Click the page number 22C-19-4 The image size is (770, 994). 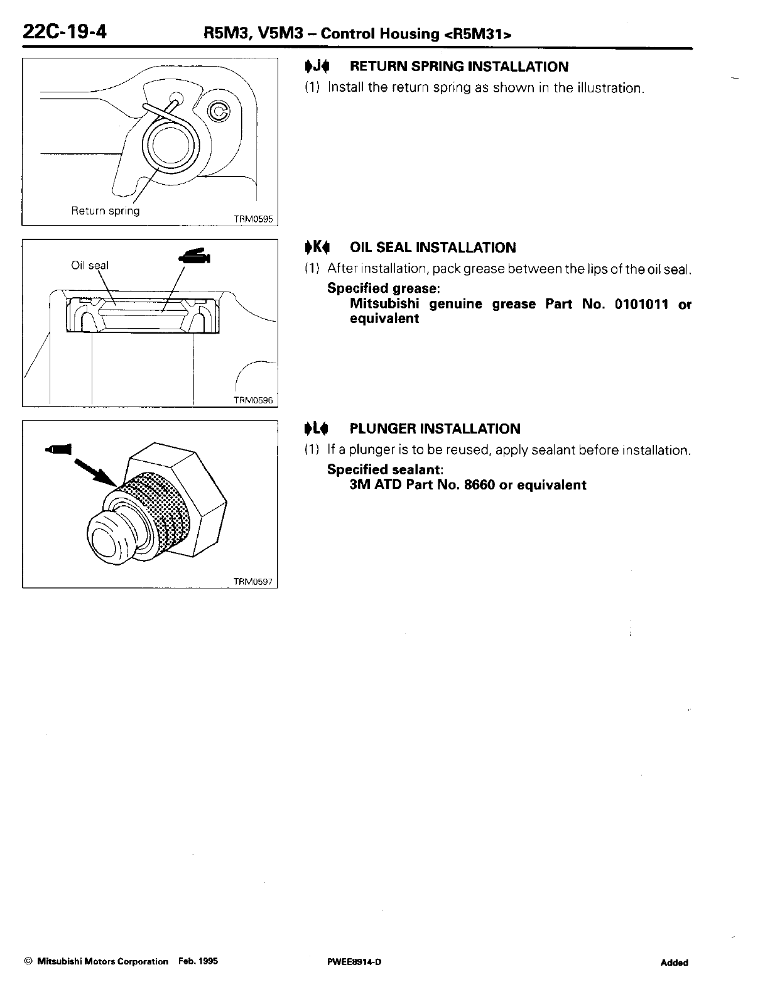coord(63,30)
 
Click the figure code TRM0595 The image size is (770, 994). coord(254,220)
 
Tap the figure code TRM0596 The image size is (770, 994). coord(254,401)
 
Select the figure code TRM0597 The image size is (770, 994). coord(254,582)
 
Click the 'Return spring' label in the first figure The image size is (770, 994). coord(106,210)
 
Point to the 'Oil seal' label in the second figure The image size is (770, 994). coord(90,265)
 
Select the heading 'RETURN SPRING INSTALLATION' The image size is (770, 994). coord(458,67)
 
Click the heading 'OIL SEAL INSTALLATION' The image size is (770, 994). coord(433,248)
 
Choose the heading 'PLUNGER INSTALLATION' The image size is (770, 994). coord(435,429)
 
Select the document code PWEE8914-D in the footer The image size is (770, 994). coord(350,962)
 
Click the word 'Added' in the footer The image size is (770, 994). coord(674,963)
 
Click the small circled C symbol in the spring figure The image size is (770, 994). coord(218,111)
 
